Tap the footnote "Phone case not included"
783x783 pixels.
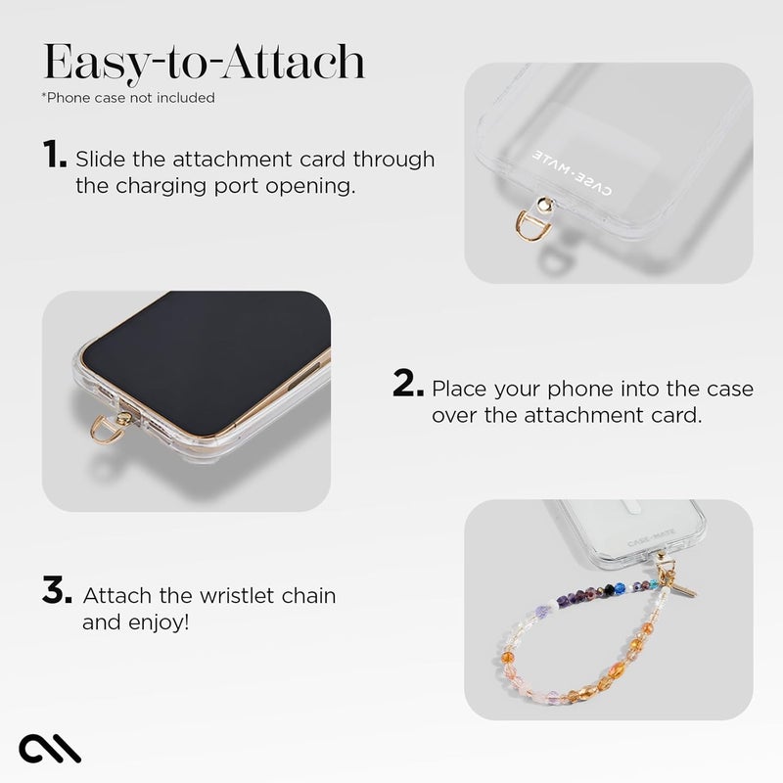(x=128, y=98)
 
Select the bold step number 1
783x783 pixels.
(x=55, y=155)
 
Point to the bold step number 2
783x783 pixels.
(x=408, y=385)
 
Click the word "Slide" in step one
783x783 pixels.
(x=101, y=159)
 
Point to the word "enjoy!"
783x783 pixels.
(x=156, y=622)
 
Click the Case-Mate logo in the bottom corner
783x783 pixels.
(x=49, y=748)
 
